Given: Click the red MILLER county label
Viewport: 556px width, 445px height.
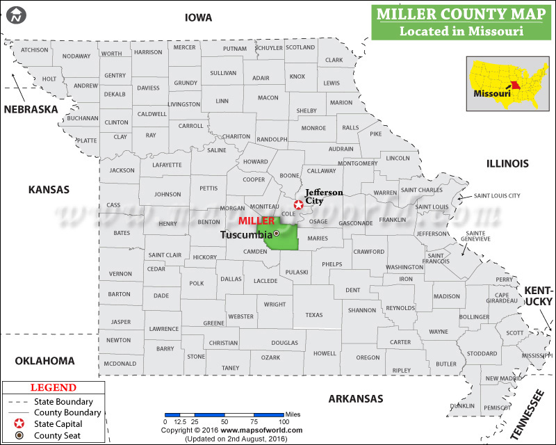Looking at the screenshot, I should (x=256, y=220).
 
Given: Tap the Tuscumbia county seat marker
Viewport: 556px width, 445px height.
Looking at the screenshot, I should (x=276, y=234).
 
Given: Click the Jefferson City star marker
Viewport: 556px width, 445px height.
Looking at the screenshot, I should (x=298, y=204).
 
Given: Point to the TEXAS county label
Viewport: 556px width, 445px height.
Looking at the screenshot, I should (x=314, y=315).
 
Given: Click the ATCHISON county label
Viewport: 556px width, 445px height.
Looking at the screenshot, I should (x=35, y=50).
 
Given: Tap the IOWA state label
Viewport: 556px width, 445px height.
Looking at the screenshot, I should (x=199, y=17).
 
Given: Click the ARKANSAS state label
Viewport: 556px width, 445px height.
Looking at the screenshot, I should (x=356, y=398).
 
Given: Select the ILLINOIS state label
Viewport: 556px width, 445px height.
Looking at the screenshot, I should (x=507, y=164).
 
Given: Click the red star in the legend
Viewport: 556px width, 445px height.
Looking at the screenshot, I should (x=19, y=424).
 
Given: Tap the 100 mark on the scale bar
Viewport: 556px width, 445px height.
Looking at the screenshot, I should (x=284, y=421).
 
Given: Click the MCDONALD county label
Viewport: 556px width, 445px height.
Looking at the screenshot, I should (x=120, y=364).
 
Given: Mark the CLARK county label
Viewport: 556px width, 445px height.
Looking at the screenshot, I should (x=334, y=60).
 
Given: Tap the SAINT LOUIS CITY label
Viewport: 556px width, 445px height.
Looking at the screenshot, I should (x=497, y=196).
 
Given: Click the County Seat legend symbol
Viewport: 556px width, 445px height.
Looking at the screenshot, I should (x=19, y=436).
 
